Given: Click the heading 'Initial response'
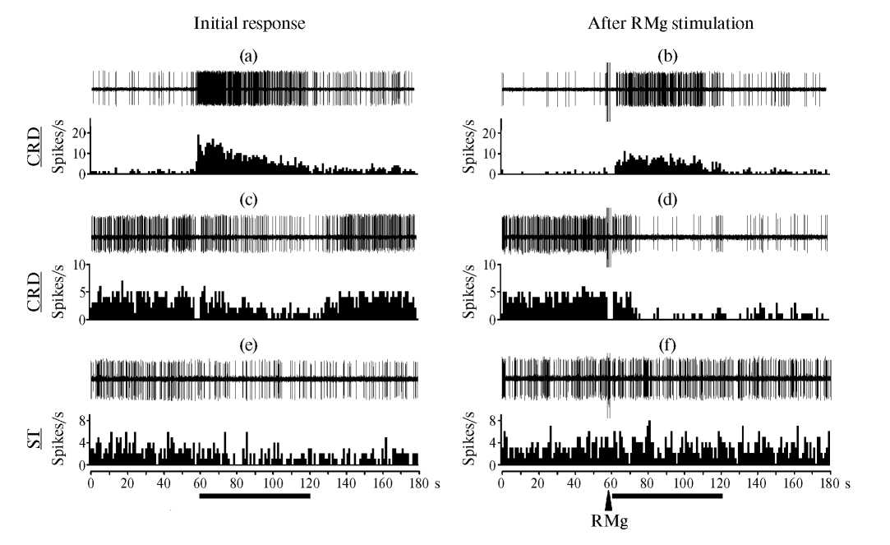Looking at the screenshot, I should coord(249,23).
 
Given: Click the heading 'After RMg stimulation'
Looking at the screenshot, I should coord(671,23).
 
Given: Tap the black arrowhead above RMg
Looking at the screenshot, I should coord(608,499).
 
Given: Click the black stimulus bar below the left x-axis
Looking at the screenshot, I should coord(255,496).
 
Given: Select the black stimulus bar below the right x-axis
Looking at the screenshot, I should coord(667,496).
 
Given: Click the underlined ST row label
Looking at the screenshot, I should coord(36,446).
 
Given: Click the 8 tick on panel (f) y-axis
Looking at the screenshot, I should coord(492,420).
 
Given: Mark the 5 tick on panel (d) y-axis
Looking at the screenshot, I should coord(492,292).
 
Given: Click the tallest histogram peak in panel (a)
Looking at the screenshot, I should coord(198,136).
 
